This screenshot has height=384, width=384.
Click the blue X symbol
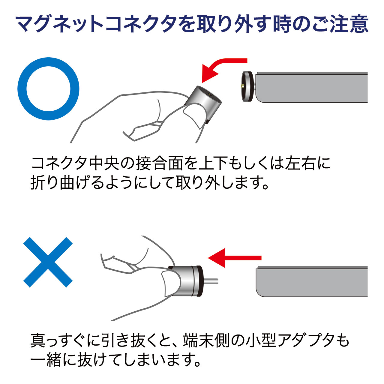point(48,262)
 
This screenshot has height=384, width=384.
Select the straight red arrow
point(235,258)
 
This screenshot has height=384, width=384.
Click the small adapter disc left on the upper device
point(248,87)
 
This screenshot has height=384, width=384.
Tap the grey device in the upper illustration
point(312,87)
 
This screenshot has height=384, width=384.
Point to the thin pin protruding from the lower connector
point(210,281)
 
